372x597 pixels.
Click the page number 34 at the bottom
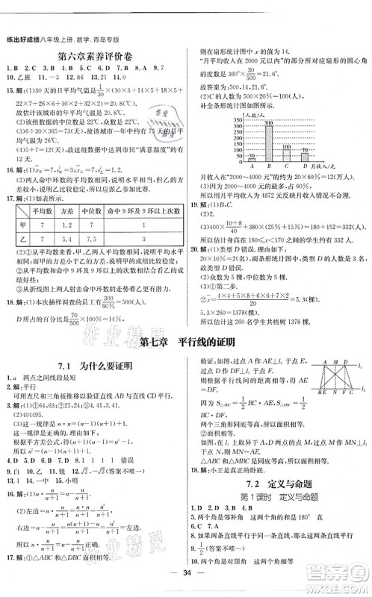tap(186, 585)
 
